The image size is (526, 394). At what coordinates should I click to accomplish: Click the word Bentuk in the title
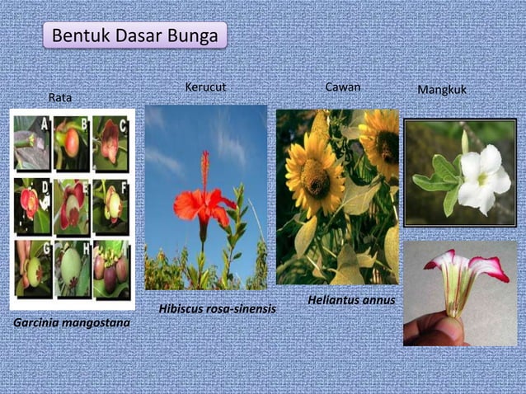point(76,36)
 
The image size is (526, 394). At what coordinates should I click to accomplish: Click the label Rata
point(59,98)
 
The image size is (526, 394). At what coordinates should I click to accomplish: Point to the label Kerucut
point(205,87)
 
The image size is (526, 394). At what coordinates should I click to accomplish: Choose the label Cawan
point(342,87)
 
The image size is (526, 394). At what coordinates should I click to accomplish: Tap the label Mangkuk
point(442,89)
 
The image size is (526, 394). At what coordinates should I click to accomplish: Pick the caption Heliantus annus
point(351,300)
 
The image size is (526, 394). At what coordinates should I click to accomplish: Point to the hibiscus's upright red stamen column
point(204,169)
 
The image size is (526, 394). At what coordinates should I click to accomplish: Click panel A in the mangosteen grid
point(32,141)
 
